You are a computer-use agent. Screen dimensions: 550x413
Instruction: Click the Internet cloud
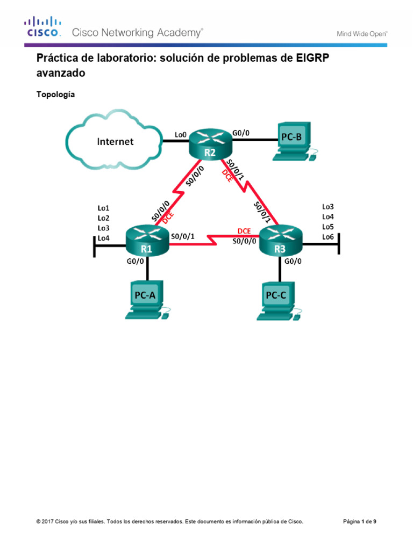(115, 141)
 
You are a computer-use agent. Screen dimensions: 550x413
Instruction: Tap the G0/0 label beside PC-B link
(240, 132)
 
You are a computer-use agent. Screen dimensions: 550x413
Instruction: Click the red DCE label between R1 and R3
(244, 231)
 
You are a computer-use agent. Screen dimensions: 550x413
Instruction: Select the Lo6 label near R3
(327, 236)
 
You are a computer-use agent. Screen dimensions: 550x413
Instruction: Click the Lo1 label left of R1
(103, 207)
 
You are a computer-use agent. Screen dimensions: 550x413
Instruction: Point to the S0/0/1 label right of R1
(183, 235)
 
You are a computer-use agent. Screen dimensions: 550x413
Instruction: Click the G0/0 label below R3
(294, 262)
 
